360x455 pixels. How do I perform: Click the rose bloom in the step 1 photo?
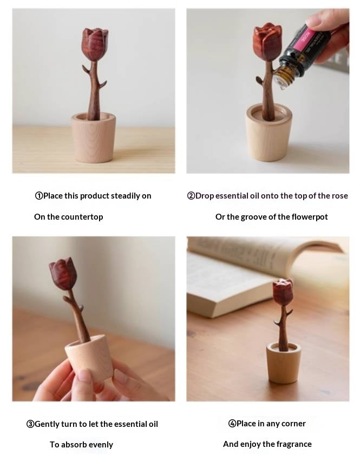(95, 44)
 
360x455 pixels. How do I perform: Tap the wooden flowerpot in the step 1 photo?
(94, 137)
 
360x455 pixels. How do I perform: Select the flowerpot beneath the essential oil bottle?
(269, 133)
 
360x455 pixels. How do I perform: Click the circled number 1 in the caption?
(39, 196)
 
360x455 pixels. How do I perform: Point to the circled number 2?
(191, 196)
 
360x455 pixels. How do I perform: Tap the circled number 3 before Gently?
(30, 424)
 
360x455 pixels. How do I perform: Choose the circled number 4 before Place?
(232, 424)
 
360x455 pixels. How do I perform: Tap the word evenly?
(101, 445)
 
